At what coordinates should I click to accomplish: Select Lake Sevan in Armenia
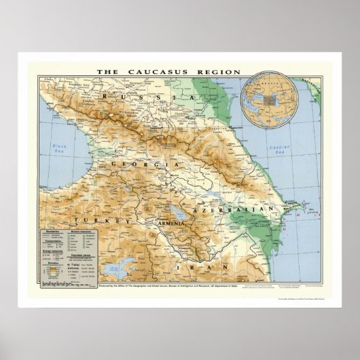179,204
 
